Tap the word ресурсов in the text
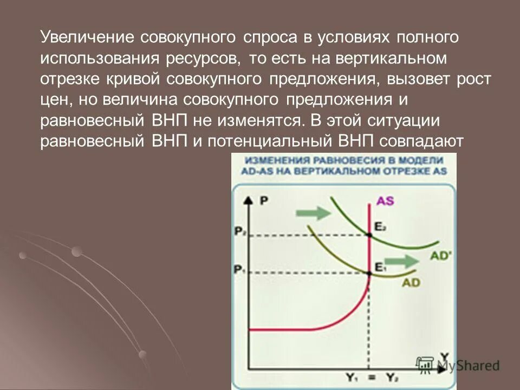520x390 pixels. tap(201, 57)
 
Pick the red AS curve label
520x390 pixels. tap(385, 201)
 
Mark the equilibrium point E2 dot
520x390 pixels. tap(369, 235)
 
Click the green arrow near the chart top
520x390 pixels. tap(316, 213)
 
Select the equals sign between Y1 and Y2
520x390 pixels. tap(370, 375)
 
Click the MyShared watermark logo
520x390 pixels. tap(457, 365)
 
